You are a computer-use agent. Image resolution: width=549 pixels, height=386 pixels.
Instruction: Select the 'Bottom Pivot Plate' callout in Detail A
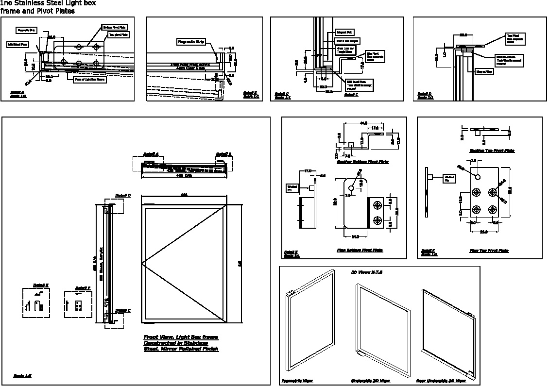pyautogui.click(x=115, y=27)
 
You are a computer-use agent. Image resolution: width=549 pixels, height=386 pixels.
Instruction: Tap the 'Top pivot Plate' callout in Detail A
pyautogui.click(x=118, y=35)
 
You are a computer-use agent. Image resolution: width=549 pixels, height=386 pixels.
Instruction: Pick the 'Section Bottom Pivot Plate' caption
pyautogui.click(x=362, y=162)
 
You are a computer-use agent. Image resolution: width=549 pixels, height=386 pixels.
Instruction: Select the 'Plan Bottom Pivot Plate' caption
pyautogui.click(x=360, y=251)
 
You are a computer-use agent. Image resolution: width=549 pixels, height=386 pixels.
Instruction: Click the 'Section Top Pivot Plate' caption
pyautogui.click(x=492, y=151)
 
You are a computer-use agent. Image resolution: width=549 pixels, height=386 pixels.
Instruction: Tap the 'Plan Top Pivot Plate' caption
pyautogui.click(x=489, y=251)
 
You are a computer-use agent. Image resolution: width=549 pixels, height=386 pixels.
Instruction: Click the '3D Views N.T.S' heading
pyautogui.click(x=367, y=272)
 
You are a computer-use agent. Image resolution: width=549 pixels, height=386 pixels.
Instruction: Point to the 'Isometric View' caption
pyautogui.click(x=297, y=381)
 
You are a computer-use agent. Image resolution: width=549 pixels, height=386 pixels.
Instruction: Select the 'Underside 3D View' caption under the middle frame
pyautogui.click(x=371, y=381)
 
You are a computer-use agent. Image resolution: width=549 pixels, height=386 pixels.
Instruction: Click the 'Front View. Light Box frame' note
pyautogui.click(x=181, y=337)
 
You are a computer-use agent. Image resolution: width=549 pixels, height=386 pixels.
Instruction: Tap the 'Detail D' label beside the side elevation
pyautogui.click(x=123, y=196)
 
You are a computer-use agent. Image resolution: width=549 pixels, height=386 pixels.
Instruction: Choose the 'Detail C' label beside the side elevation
pyautogui.click(x=123, y=310)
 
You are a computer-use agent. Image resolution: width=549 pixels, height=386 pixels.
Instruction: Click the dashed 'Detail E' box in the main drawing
pyautogui.click(x=36, y=302)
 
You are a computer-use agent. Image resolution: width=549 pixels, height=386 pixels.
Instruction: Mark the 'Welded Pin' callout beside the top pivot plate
pyautogui.click(x=449, y=178)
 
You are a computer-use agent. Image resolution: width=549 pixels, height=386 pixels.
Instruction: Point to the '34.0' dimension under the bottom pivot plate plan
pyautogui.click(x=355, y=236)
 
